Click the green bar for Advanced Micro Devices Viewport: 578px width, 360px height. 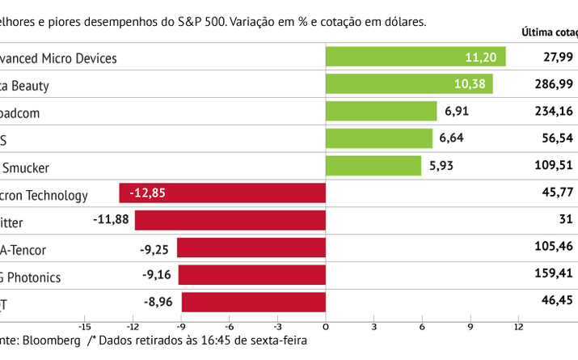415,57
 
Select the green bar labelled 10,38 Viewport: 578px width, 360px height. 408,84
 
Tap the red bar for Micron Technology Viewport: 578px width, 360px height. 222,193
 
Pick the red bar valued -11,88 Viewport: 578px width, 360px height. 230,220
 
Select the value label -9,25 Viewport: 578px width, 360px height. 156,248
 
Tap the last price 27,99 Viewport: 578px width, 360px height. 558,57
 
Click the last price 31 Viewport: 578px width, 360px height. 565,220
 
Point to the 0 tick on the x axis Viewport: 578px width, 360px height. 326,327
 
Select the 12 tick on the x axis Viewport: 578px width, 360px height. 518,327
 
